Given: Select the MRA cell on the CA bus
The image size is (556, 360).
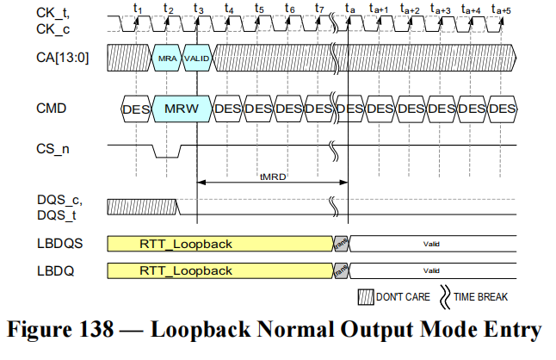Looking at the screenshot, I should pos(167,58).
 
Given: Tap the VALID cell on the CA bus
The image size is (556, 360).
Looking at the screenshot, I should pos(197,58).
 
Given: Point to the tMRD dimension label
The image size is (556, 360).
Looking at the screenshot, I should pos(273,175).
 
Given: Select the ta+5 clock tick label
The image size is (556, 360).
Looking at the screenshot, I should pos(500,9).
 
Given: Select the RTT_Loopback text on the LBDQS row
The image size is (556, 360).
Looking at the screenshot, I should pos(186,244).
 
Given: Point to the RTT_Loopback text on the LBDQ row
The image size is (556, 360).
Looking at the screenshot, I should pos(186,270).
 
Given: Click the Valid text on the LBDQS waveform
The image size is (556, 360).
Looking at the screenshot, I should pos(431,245).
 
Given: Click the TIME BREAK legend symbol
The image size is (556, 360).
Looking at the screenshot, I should pos(445,296).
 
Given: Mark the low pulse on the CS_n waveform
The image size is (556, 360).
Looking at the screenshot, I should pos(168,155).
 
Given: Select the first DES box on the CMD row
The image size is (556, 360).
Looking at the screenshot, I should pos(136,109).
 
